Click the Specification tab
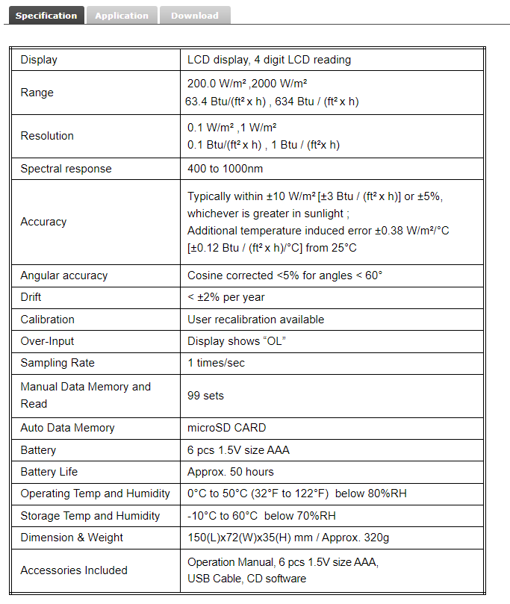point(46,16)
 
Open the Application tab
point(122,16)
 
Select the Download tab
point(194,16)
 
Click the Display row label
point(39,60)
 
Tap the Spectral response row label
point(66,169)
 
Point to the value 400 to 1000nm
point(225,169)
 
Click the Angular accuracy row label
point(64,275)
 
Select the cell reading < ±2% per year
point(226,297)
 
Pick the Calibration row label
point(48,320)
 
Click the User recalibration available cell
point(255,320)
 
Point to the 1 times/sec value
point(216,363)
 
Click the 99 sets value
point(205,396)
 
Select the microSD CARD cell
point(226,428)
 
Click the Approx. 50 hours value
point(230,472)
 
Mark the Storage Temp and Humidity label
point(90,516)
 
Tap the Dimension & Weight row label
point(72,538)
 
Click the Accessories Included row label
point(74,570)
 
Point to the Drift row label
point(31,297)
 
